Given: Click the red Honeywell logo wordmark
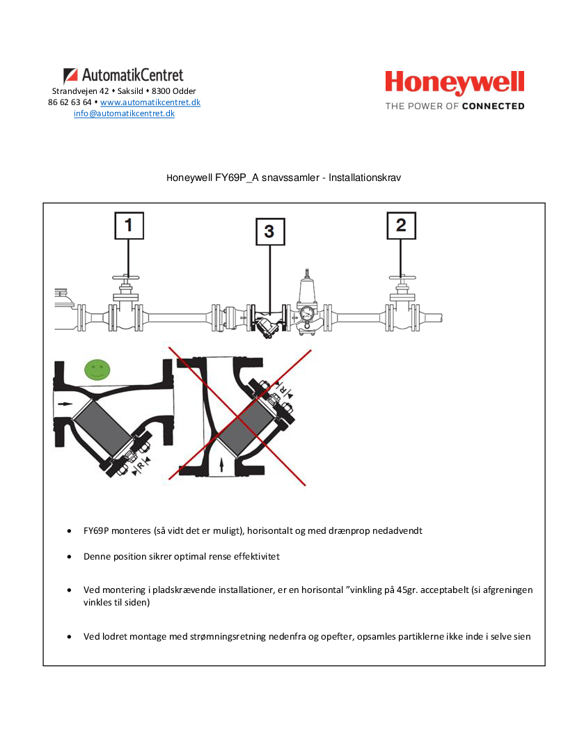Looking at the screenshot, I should point(455,83).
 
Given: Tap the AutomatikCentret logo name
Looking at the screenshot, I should point(132,75).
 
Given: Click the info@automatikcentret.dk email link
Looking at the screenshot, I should point(124,113).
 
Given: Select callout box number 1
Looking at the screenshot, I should point(129,226).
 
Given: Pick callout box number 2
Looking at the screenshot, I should point(401,226).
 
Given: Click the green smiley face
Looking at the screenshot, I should point(97,368).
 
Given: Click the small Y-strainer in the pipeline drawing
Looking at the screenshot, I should point(265,324).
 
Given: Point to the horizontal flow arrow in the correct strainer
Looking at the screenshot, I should point(64,403).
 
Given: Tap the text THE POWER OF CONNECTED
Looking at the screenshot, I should point(455,106).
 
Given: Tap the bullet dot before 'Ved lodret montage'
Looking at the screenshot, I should point(70,637).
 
